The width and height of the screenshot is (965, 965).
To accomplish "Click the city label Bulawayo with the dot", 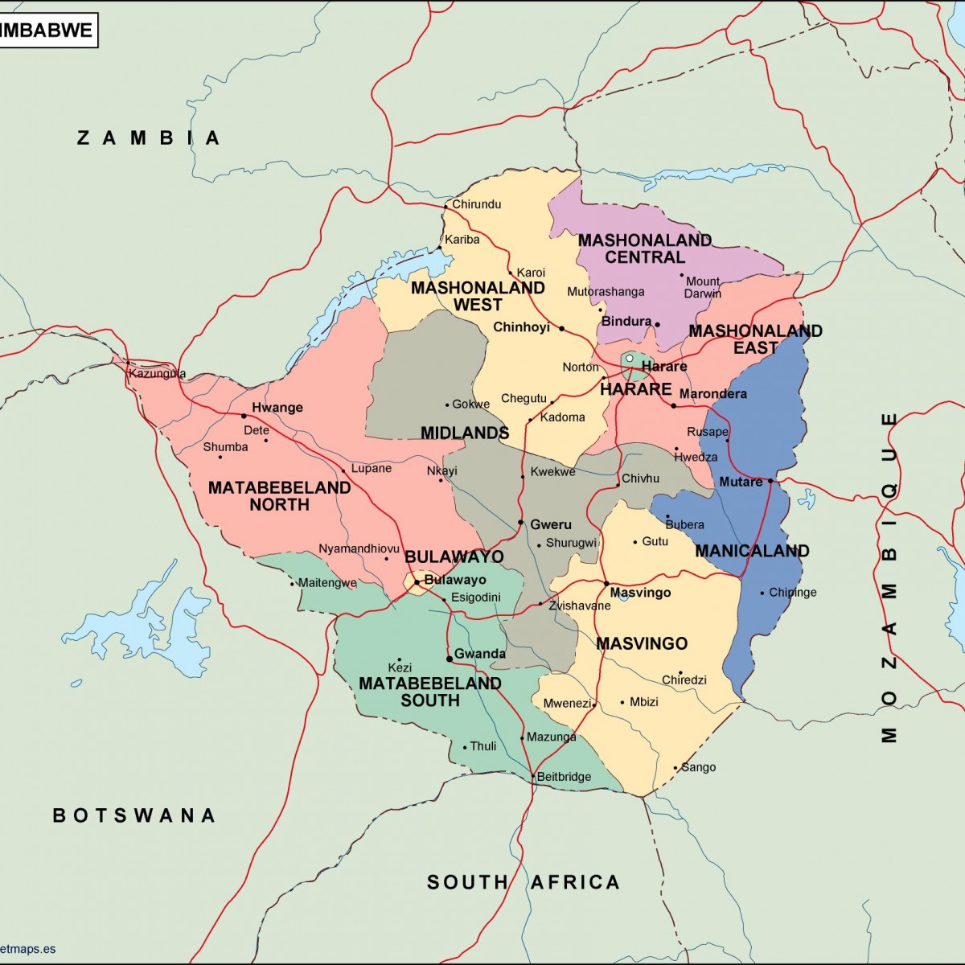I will [454, 580].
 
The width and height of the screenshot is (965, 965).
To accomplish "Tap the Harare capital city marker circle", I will [630, 359].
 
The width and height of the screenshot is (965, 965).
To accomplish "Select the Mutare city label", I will [741, 482].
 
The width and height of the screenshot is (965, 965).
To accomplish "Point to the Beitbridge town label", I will [564, 777].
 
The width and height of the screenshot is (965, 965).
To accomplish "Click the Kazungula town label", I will [158, 373].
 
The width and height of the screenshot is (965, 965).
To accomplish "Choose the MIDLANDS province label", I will [465, 433].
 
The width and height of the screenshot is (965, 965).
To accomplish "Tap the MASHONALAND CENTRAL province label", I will [645, 248].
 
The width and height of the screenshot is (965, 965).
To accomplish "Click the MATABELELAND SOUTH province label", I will [430, 692].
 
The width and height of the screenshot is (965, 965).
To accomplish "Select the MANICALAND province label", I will [752, 551].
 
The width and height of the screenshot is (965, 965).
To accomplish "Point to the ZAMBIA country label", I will [149, 138].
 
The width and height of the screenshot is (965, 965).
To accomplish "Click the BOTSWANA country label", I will [134, 815].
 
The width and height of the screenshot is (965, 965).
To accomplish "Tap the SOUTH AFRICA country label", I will [524, 882].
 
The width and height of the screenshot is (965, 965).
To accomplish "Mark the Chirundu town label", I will [476, 204].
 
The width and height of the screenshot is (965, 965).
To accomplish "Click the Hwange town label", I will [277, 408].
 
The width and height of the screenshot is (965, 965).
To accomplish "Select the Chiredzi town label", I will [684, 680].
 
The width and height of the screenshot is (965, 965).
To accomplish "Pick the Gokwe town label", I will [470, 404].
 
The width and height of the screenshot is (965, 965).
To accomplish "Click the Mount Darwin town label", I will [702, 287].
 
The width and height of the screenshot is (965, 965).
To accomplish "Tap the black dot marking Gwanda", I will [450, 659].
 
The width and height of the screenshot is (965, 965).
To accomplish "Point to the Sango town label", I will [698, 767].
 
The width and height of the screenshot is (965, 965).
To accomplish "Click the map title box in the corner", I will [48, 31].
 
